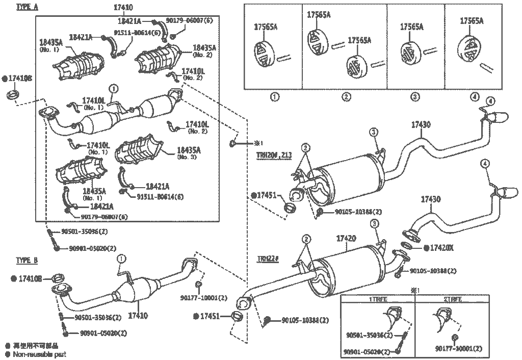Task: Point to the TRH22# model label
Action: coord(267,259)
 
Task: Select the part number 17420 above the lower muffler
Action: coord(346,238)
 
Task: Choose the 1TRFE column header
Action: coord(378,299)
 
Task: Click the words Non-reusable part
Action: coord(40,354)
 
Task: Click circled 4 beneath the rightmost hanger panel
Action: coord(475,96)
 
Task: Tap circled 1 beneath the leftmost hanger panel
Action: coord(274,96)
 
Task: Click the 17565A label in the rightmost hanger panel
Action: coord(472,21)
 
